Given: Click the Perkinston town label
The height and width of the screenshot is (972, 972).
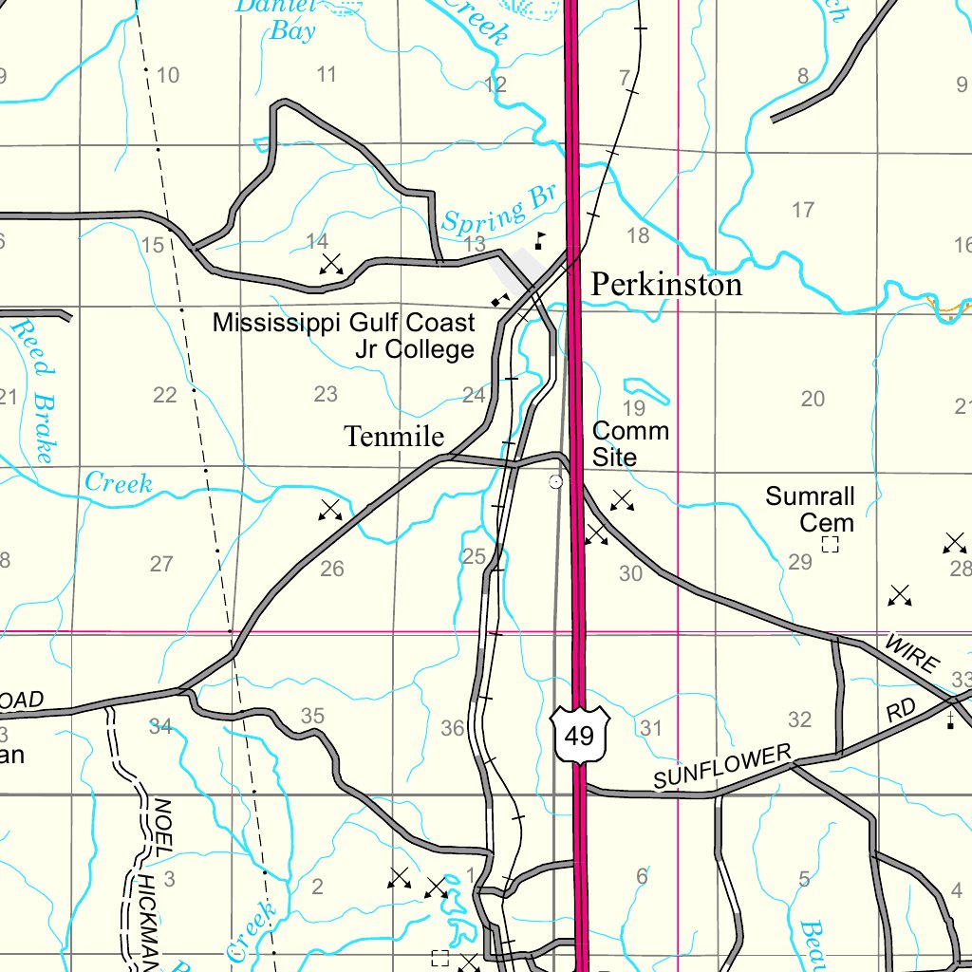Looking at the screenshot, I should [x=666, y=284].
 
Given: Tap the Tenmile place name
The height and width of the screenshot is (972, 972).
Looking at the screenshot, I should [x=394, y=437].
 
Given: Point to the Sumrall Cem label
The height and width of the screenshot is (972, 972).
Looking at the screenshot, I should [x=811, y=510].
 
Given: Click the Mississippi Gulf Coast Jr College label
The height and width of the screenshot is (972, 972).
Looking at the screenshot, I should [x=344, y=336].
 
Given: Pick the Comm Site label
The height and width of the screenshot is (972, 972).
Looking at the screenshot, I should [x=630, y=444].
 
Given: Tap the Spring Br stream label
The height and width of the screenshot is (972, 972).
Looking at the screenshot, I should [x=498, y=209].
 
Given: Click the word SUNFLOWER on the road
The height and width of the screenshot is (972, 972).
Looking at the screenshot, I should [x=722, y=767].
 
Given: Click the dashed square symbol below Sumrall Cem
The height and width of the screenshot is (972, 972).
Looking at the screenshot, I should [x=831, y=545].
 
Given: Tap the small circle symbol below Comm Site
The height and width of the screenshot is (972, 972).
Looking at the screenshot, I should [x=556, y=482].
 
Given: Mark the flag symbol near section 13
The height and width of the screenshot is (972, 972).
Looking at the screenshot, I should [x=540, y=239].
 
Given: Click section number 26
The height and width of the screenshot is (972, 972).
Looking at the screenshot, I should [x=332, y=569].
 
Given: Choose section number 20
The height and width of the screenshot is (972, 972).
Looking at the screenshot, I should [x=813, y=399].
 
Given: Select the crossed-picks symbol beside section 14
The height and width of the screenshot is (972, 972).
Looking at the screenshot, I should [x=331, y=264].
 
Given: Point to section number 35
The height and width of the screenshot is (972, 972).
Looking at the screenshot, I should [x=312, y=717].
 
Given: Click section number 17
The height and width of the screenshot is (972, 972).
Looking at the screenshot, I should [x=803, y=210].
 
